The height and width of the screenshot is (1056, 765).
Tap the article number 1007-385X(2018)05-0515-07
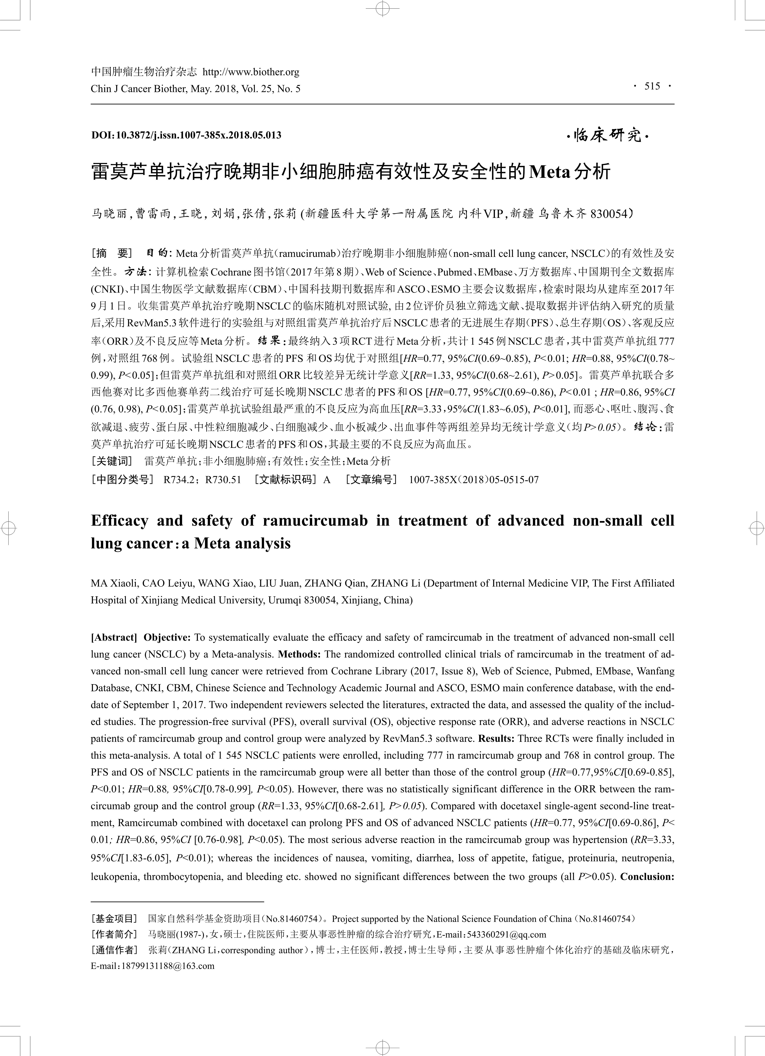(473, 480)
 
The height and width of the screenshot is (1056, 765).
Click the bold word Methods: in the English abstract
(299, 654)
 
